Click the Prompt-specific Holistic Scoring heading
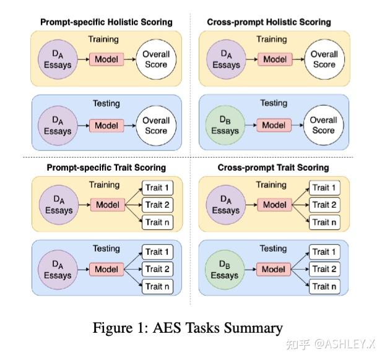106,22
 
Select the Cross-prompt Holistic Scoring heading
269,22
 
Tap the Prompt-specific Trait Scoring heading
106,168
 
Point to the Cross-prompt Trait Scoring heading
273,168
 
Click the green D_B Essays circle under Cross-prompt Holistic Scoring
225,125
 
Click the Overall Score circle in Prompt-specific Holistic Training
155,59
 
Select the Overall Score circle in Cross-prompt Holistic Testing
323,125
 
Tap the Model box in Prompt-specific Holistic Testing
106,126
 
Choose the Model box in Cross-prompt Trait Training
273,205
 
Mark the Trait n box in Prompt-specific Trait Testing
158,286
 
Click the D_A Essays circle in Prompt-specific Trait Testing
58,270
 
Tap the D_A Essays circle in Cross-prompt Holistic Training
225,59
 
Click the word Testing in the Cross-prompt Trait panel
273,249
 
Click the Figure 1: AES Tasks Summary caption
188,328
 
